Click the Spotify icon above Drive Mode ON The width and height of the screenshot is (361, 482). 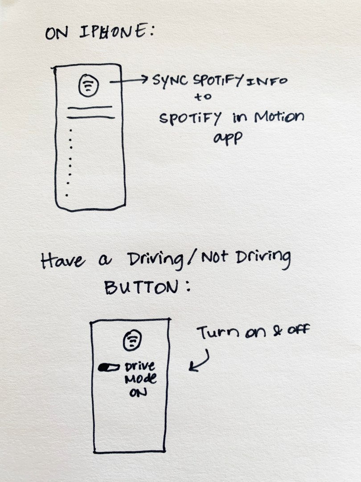point(132,340)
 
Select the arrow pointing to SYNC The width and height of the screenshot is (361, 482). point(129,81)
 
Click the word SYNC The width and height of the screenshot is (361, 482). point(170,80)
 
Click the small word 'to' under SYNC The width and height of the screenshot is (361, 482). point(203,97)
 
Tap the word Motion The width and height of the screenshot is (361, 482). point(279,117)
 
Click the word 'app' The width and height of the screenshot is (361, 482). point(227,138)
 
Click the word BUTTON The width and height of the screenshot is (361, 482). point(142,288)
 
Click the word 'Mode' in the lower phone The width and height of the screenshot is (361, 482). point(140,379)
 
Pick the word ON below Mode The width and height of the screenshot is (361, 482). point(138,393)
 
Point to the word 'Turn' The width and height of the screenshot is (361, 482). point(217,332)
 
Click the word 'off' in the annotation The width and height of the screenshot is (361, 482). point(298,330)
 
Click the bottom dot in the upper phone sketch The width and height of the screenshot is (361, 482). point(66,195)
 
